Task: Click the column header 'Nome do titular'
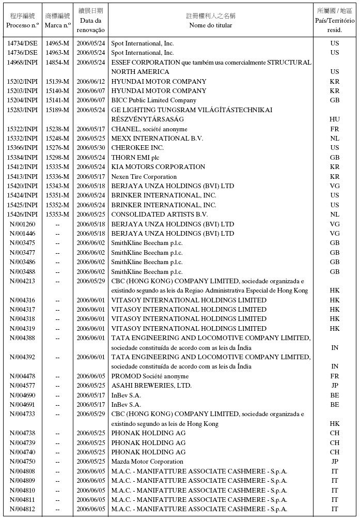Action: tap(210, 25)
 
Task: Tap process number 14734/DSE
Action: tap(22, 43)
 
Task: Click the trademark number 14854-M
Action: tap(57, 63)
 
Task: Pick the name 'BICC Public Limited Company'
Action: tap(154, 100)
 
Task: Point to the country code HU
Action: tap(335, 119)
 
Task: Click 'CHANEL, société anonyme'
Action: tap(149, 129)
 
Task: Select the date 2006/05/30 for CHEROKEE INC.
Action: tap(90, 148)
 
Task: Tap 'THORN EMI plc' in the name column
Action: tap(135, 157)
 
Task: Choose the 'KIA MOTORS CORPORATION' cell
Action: tap(158, 167)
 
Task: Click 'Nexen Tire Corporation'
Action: tap(144, 176)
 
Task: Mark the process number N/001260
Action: tap(22, 224)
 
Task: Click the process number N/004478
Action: tap(22, 376)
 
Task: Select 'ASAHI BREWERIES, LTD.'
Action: tap(151, 386)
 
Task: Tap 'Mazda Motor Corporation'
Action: tap(147, 462)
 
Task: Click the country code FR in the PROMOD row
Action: tap(335, 376)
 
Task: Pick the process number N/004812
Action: tap(22, 509)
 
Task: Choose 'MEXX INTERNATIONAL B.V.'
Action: tap(157, 139)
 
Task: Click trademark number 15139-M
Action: tap(57, 82)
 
